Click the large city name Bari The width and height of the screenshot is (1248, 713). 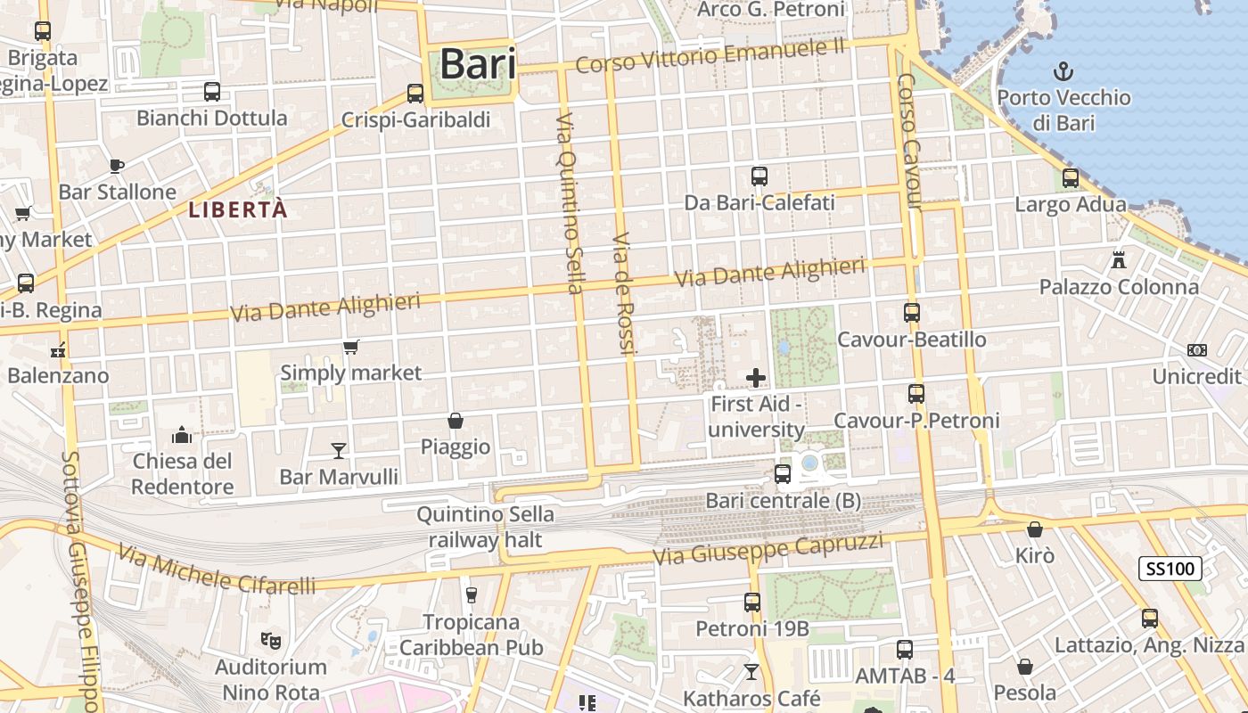pos(478,64)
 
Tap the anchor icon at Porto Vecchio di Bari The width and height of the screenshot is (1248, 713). pos(1063,71)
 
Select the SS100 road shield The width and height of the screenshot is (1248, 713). pos(1170,568)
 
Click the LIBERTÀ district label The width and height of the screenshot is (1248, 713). pos(238,209)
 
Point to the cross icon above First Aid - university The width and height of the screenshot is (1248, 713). pos(756,378)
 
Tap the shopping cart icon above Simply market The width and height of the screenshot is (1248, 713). pos(351,347)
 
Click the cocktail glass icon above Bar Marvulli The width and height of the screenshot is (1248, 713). pos(339,450)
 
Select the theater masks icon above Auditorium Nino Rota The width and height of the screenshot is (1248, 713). pos(269,639)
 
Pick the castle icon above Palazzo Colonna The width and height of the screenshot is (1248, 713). pos(1118,259)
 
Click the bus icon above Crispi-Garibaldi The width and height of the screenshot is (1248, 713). pos(415,93)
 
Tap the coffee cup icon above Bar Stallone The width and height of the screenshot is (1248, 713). pos(117,165)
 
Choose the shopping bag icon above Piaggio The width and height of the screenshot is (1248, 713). pos(456,420)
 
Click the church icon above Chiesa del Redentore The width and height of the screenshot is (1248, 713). pos(182,435)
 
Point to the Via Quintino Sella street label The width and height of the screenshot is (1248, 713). pos(570,203)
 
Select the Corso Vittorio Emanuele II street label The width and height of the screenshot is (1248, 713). pos(710,57)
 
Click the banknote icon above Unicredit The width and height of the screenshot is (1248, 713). pos(1197,350)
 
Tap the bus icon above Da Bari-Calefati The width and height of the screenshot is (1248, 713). pos(759,176)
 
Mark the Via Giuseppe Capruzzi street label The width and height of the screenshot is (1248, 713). pos(768,548)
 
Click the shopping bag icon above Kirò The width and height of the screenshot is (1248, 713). pos(1035,529)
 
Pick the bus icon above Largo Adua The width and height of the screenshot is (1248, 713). pos(1071,178)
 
